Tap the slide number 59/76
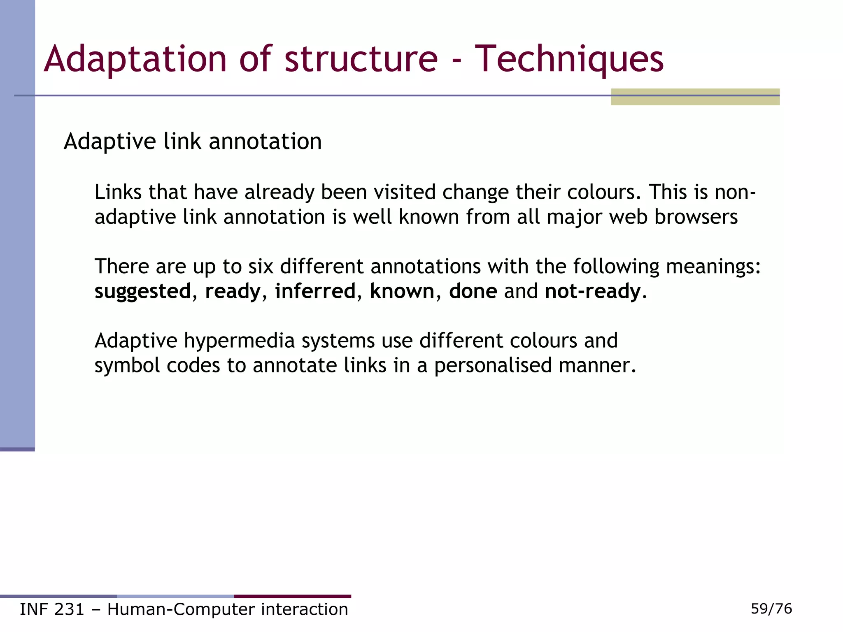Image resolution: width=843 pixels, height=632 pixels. (x=771, y=609)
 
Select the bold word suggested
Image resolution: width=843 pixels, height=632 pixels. (x=142, y=292)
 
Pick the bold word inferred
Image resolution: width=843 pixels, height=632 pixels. (x=315, y=291)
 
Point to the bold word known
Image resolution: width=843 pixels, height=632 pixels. (x=402, y=291)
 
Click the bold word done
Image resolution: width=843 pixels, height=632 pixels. (x=473, y=291)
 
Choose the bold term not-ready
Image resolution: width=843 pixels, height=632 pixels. (x=593, y=291)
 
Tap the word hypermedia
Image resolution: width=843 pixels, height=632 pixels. (x=239, y=341)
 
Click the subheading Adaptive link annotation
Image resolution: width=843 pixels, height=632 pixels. (x=193, y=142)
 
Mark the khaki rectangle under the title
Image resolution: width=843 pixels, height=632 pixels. (x=695, y=97)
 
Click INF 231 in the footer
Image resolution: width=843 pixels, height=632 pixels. (x=52, y=609)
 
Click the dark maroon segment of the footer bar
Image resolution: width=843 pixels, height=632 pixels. (x=292, y=596)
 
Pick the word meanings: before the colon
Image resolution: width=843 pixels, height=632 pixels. (x=713, y=267)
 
